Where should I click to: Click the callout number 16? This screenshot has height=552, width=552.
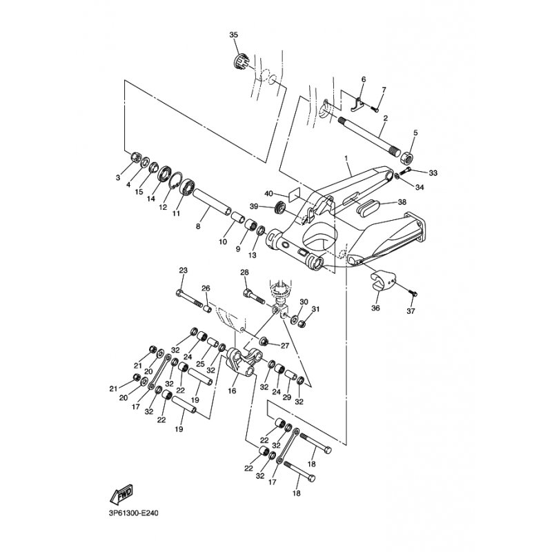coord(232,391)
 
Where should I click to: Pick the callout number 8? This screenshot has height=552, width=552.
coord(198,226)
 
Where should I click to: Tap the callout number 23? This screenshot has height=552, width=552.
coord(184,270)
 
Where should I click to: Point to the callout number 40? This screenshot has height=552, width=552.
coord(270,194)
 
